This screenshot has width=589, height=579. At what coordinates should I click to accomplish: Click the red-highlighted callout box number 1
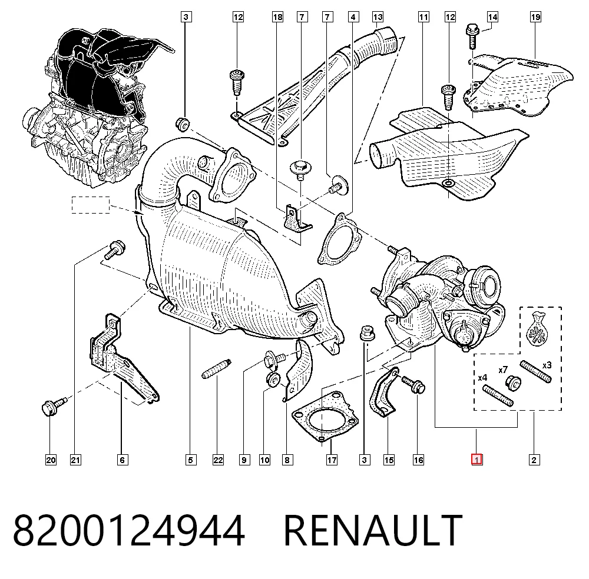coord(477,460)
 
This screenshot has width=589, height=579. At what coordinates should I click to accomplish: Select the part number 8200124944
coord(129,531)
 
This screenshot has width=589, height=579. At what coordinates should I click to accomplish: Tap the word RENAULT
coord(373,531)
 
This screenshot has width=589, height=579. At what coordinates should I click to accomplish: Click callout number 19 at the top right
coord(535,17)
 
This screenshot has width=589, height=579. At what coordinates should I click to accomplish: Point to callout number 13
coord(378,17)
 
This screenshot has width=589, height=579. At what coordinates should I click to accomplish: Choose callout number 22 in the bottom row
coord(218,460)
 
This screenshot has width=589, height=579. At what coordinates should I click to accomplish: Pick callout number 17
coord(332,460)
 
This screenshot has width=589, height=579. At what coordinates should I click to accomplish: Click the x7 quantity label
coord(503,370)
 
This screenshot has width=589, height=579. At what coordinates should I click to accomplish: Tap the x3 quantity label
coord(547,365)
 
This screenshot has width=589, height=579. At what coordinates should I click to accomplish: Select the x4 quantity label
coord(482,378)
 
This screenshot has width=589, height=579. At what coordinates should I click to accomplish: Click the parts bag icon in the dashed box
coord(537,329)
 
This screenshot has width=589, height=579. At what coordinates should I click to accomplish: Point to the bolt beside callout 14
coord(472,36)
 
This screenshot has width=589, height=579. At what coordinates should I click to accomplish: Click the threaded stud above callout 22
coord(217,369)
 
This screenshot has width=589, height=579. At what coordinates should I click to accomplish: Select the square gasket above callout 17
coord(325,417)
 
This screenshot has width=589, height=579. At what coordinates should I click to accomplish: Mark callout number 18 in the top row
coord(277,17)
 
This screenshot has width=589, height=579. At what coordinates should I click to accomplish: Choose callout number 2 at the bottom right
coord(534,460)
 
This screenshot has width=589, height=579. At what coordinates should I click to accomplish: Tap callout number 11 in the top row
coord(423,17)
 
